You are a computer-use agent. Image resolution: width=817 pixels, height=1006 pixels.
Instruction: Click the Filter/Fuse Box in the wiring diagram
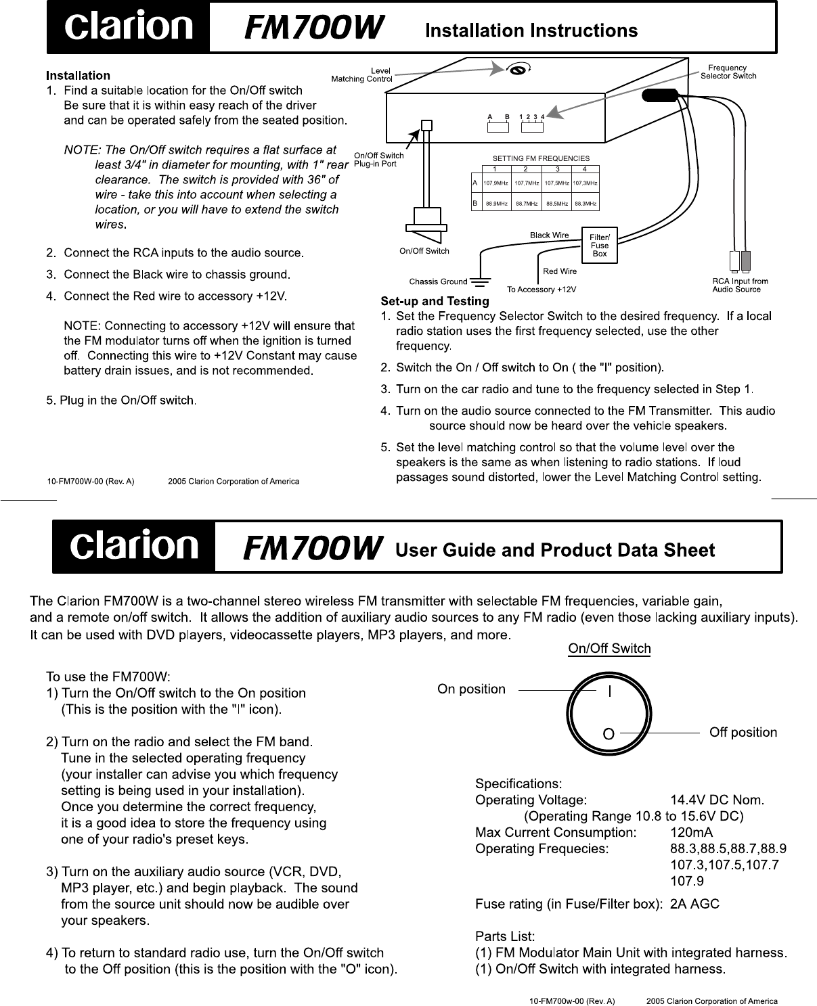(600, 245)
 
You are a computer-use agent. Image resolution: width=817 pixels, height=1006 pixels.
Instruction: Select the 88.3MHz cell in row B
(586, 203)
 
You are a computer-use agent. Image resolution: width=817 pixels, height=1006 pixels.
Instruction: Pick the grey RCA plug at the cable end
(745, 260)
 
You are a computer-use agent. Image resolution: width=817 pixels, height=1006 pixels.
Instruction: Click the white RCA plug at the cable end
(734, 260)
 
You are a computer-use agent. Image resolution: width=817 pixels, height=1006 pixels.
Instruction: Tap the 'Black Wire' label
(549, 235)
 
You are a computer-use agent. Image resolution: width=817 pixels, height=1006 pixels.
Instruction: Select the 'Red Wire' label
(560, 271)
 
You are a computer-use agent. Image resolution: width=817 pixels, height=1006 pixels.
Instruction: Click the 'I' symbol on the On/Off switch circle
(610, 691)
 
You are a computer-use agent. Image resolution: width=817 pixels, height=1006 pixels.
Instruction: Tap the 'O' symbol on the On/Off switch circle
(609, 733)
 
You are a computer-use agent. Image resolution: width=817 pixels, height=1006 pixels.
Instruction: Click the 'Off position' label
(743, 733)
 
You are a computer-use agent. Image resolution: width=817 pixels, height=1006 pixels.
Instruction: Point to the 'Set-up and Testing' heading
(435, 301)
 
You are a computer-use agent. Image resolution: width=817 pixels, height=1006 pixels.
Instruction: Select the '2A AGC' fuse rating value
(694, 904)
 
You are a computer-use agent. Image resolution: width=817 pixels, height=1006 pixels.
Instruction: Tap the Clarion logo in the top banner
(128, 28)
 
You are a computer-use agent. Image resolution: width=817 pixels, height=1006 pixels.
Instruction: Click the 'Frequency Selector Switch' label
(728, 72)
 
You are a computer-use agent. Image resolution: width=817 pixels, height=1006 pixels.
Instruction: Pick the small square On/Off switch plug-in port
(426, 126)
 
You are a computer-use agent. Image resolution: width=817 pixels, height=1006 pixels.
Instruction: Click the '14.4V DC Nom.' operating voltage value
(717, 800)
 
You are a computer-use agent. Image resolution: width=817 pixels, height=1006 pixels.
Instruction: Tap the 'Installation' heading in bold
(78, 75)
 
